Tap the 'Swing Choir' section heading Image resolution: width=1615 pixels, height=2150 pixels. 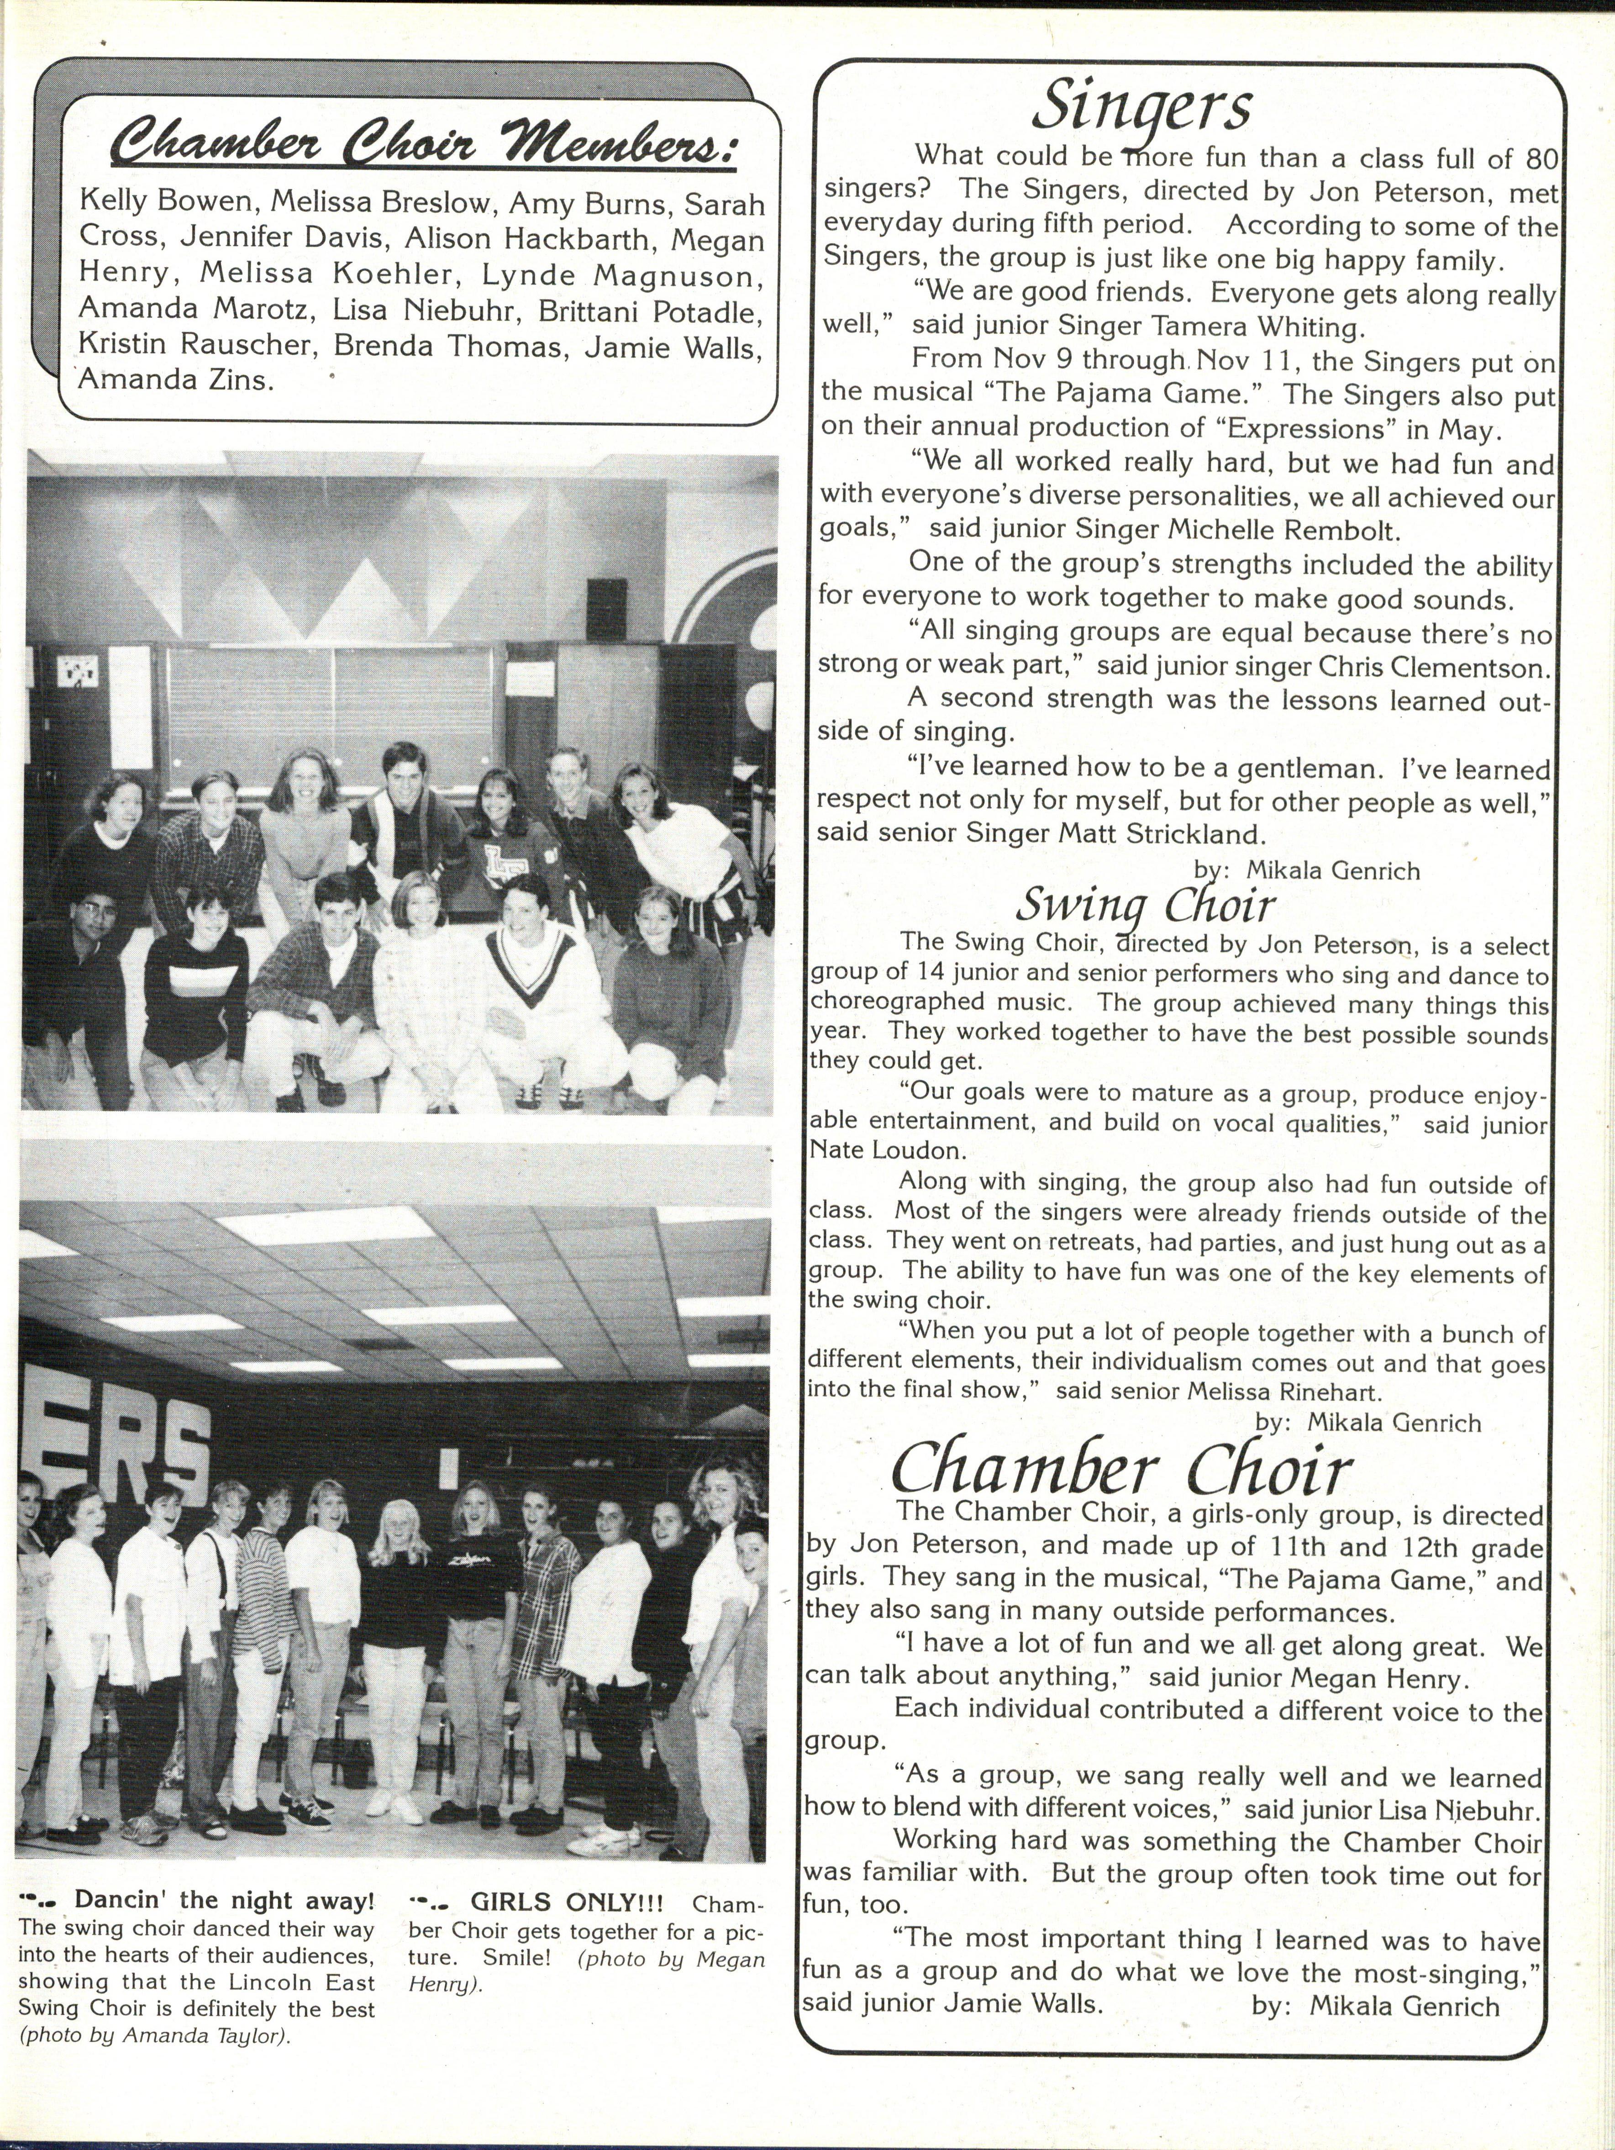click(1145, 906)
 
